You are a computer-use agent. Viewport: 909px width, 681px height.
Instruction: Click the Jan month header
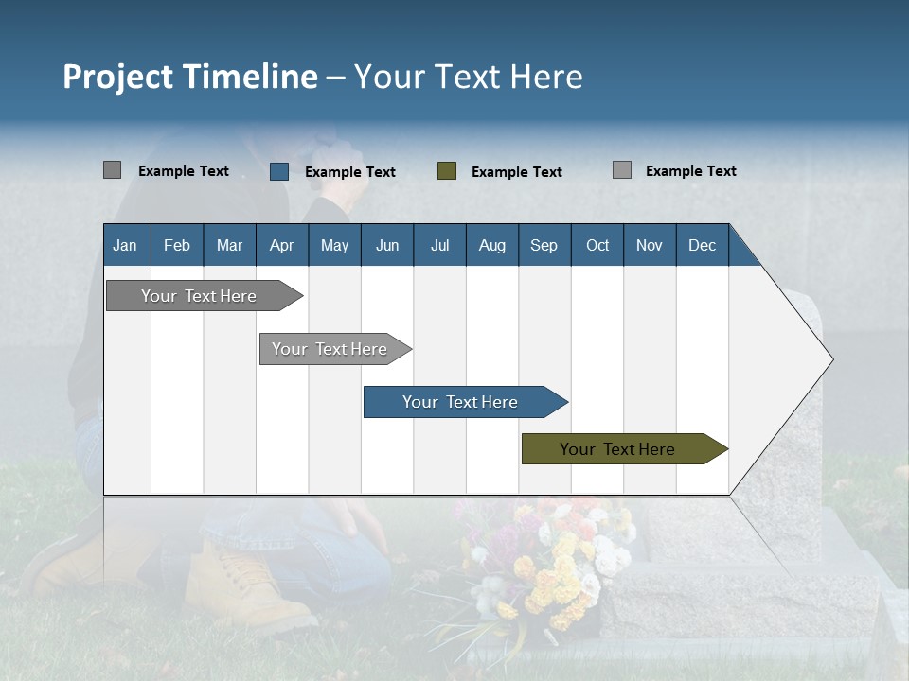click(125, 245)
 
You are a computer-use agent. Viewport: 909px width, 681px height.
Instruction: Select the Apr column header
click(281, 245)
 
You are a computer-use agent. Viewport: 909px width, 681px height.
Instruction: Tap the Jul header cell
click(439, 245)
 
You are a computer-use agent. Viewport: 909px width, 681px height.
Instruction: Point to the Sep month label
click(544, 245)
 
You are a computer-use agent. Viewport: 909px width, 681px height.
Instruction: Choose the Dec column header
click(702, 245)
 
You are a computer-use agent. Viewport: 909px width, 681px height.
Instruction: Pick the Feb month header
click(177, 245)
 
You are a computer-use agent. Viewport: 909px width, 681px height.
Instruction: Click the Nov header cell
click(649, 245)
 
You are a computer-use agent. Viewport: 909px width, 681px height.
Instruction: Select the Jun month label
click(386, 245)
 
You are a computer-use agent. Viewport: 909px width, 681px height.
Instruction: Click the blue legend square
click(279, 171)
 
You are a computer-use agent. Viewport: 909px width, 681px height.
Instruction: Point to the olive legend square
click(447, 171)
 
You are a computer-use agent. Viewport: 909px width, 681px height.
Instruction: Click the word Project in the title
click(118, 77)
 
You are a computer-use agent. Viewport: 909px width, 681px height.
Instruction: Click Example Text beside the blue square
click(349, 172)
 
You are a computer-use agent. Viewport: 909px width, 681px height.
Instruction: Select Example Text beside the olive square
click(516, 172)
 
